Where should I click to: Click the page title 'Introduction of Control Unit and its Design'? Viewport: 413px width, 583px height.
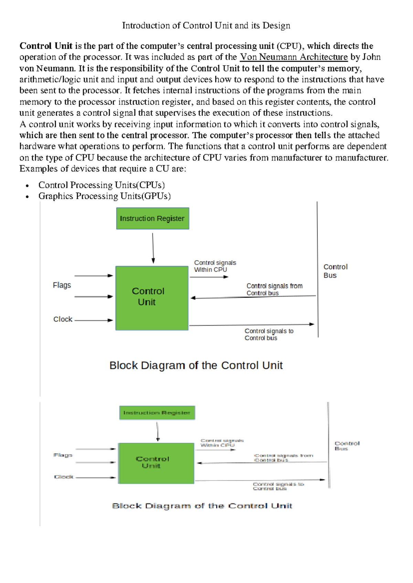coord(206,26)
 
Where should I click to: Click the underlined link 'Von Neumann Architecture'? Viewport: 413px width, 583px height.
coord(294,57)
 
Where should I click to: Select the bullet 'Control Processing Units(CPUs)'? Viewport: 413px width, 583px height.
coord(102,185)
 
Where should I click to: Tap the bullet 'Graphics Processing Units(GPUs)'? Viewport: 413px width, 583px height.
coord(105,196)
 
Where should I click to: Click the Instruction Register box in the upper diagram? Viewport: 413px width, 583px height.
coord(152,219)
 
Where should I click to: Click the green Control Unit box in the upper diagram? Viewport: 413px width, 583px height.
coord(152,298)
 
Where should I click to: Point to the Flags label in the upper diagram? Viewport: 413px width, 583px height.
coord(62,285)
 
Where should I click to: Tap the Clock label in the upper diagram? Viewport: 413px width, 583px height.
coord(63,319)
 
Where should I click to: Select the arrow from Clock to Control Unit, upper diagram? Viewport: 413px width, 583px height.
coord(94,320)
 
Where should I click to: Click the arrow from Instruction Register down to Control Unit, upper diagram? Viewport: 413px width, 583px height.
coord(153,248)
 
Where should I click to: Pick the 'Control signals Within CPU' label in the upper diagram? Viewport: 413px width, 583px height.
coord(215,266)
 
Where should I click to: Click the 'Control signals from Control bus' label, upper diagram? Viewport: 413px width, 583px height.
coord(274,289)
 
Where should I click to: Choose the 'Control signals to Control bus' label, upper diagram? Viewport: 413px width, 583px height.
coord(269,334)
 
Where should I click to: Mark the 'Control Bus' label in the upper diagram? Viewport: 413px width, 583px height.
coord(335,271)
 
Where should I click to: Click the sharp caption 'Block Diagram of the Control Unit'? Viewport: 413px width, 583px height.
coord(196,365)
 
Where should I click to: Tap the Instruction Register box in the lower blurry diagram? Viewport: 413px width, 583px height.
coord(157,413)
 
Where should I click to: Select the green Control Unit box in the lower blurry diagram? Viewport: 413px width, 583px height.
coord(156,463)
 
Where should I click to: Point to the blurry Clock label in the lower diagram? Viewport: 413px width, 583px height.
coord(64,477)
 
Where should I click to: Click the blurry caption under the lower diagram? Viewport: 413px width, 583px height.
coord(202,506)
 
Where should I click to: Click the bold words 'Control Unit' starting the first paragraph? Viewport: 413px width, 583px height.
coord(46,46)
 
